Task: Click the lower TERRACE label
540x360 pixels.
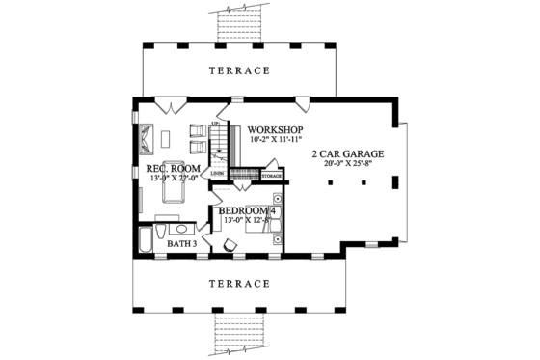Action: [237, 284]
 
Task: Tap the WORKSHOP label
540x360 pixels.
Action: [276, 129]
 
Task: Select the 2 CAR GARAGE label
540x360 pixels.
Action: [347, 153]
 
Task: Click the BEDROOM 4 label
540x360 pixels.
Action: [248, 210]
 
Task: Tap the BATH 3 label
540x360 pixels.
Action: [182, 244]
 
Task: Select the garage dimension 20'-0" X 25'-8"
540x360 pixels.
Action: [347, 164]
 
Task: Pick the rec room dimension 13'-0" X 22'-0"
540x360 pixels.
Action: [172, 179]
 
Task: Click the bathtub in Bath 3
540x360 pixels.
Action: [146, 241]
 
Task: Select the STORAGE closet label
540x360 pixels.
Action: [272, 177]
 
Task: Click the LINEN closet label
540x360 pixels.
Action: [231, 175]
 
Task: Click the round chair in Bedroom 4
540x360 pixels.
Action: [230, 247]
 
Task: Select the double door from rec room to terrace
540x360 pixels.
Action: [166, 102]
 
